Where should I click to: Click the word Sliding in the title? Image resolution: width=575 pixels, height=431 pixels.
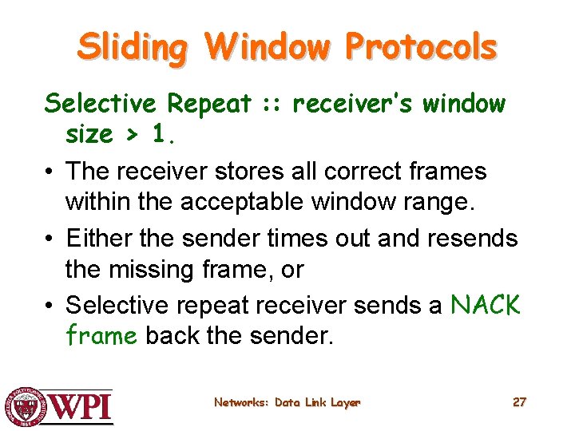click(133, 48)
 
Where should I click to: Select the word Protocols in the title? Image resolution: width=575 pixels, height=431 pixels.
click(421, 48)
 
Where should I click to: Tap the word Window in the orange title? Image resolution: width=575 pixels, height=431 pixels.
click(266, 48)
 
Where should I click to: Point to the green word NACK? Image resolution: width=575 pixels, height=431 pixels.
click(486, 304)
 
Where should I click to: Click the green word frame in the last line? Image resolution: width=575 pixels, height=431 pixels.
click(101, 335)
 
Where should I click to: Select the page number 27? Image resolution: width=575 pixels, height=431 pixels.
click(519, 402)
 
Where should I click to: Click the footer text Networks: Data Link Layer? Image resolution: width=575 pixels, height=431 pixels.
click(287, 402)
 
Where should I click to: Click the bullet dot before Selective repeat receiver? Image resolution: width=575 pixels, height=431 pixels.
click(50, 305)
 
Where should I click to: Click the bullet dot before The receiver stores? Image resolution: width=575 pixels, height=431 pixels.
click(50, 171)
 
